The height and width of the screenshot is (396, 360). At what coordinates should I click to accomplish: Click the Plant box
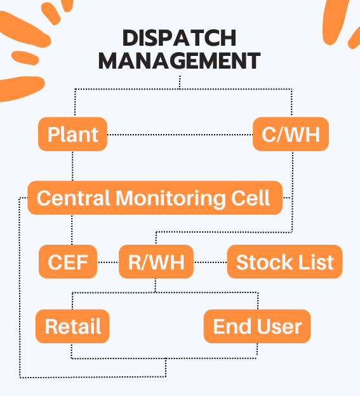coord(72,134)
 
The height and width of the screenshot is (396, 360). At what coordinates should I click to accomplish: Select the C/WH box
coord(291,134)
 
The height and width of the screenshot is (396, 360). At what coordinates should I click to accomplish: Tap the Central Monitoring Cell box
coord(155,198)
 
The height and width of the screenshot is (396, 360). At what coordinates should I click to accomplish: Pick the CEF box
coord(68,262)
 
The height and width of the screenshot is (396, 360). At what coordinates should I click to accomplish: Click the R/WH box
coord(156,262)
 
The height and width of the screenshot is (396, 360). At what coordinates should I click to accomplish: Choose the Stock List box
coord(285,262)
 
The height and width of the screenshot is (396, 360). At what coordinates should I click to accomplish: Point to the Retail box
coord(72,326)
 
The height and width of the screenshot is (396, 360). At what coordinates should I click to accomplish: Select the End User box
coord(257,326)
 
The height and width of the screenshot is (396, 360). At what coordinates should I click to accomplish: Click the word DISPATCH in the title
coord(180,38)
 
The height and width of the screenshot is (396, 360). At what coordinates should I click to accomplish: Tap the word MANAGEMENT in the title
coord(180,60)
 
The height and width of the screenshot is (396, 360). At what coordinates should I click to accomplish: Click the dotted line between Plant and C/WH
coord(180,135)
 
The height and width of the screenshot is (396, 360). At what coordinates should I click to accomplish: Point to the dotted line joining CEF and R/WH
coord(108,262)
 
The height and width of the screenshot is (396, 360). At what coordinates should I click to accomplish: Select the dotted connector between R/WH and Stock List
coord(210,262)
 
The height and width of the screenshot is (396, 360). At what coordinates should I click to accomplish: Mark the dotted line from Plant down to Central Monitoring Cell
coord(72,166)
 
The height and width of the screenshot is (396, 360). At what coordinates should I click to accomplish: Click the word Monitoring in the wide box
coord(171,199)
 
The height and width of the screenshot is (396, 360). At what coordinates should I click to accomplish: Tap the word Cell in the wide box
coord(251,198)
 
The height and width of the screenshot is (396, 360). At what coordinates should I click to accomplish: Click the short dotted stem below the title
coord(180,82)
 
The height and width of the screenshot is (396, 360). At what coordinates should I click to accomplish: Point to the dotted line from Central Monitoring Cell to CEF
coord(72,230)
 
